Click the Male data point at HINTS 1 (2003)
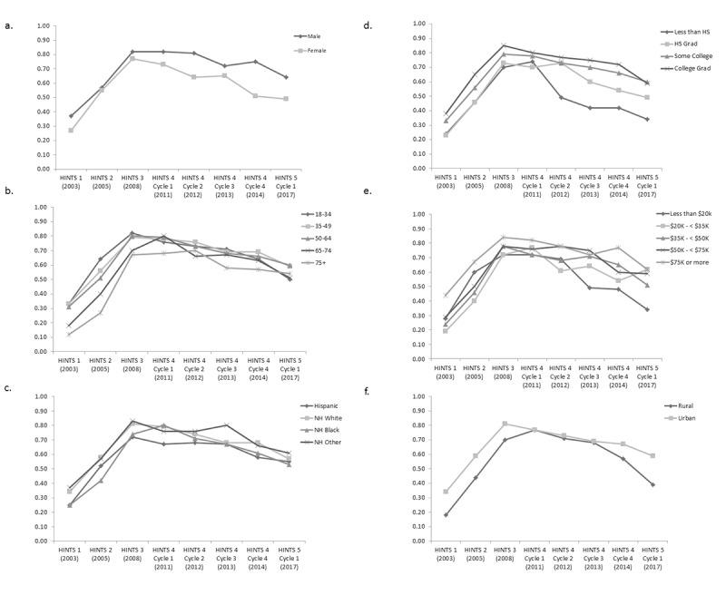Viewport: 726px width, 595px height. click(70, 116)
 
